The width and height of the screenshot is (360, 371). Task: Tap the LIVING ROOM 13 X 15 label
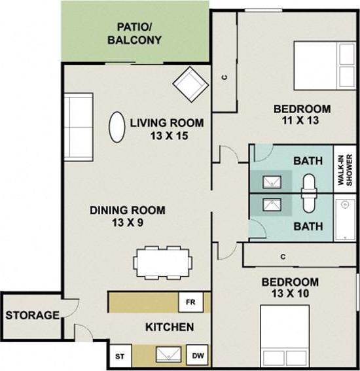166,129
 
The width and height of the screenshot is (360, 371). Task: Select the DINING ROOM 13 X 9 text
127,216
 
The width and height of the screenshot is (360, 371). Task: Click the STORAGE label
32,315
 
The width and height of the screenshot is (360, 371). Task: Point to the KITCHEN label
169,327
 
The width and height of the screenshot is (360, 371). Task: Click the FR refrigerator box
190,302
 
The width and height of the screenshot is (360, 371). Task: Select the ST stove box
119,357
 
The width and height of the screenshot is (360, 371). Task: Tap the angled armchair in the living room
190,82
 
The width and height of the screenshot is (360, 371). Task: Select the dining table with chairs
163,262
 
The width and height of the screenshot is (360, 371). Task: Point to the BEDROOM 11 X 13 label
302,115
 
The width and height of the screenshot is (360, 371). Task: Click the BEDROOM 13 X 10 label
290,288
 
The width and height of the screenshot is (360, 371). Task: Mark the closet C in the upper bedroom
224,77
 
